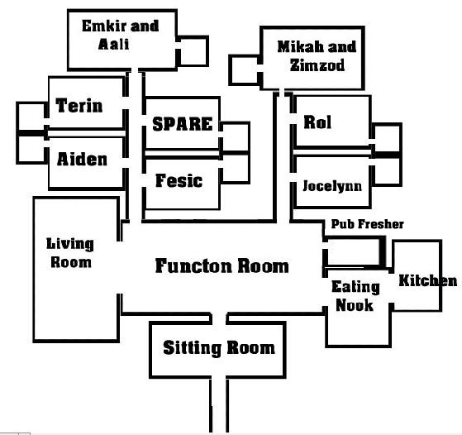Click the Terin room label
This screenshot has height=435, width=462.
[x=79, y=105]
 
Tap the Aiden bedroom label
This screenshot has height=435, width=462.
[x=82, y=160]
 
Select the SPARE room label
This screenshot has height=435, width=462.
[x=183, y=124]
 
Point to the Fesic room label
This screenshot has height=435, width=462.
[x=179, y=180]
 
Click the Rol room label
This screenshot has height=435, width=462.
[x=317, y=122]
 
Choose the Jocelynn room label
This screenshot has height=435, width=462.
[x=332, y=186]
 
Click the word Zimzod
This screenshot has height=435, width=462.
[x=317, y=65]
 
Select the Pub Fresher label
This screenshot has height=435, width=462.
[x=368, y=224]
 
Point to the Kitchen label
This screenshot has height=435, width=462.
[x=428, y=280]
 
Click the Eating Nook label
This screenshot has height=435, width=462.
[x=355, y=296]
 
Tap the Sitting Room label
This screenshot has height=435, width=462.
[x=219, y=348]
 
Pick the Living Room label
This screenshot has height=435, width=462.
[x=70, y=253]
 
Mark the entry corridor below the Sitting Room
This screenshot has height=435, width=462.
[x=219, y=405]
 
